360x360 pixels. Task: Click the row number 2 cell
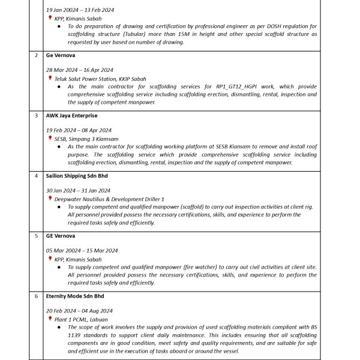click(36, 55)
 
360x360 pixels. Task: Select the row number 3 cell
click(36, 115)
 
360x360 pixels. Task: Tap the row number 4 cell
click(36, 176)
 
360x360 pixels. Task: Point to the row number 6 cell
click(36, 296)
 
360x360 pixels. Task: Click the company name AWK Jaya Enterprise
click(71, 115)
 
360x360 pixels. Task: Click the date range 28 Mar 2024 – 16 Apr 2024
click(79, 70)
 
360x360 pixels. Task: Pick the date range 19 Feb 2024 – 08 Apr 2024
click(79, 130)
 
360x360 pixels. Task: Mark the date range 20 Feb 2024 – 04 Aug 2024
click(79, 311)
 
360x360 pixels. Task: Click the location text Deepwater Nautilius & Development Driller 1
click(109, 199)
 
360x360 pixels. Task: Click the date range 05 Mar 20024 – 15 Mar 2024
click(82, 250)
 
